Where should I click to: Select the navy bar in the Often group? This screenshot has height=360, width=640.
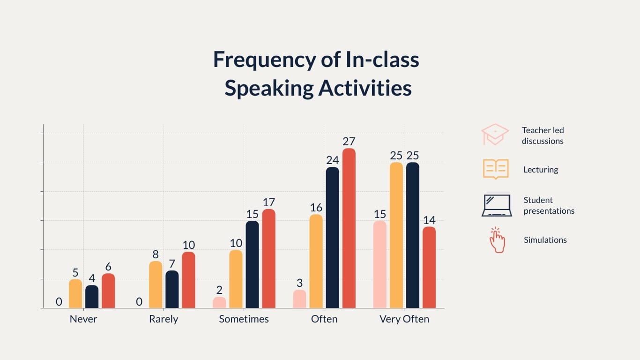click(333, 238)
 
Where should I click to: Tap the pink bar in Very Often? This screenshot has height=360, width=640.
click(380, 264)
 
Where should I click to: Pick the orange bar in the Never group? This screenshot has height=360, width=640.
click(75, 294)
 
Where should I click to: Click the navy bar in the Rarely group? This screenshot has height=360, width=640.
click(172, 289)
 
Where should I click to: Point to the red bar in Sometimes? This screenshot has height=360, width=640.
click(269, 259)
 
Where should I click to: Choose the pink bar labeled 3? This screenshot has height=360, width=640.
click(300, 299)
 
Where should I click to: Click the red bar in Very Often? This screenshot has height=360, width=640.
click(429, 268)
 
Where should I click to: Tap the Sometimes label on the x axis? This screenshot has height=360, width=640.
click(244, 319)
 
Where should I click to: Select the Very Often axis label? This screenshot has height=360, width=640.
click(404, 319)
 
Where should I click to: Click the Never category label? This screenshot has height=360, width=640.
click(83, 319)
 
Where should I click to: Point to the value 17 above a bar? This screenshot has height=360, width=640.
click(269, 202)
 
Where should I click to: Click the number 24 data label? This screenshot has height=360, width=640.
click(333, 160)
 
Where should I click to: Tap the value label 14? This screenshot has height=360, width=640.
click(429, 220)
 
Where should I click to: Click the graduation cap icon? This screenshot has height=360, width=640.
click(495, 135)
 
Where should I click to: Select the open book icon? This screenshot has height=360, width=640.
click(496, 169)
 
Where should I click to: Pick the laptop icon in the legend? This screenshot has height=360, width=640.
click(497, 206)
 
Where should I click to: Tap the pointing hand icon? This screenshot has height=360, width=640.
click(497, 240)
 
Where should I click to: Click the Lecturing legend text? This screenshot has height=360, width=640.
click(541, 170)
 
